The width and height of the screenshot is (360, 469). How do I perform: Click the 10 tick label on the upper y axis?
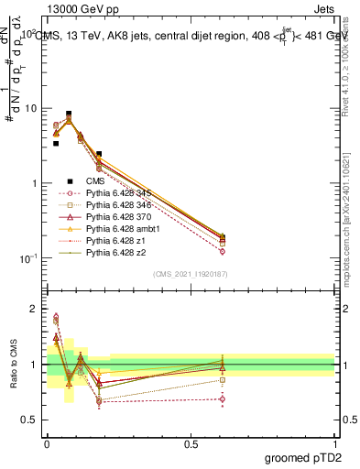(x=31, y=108)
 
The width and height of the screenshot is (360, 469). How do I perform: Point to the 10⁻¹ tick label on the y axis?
(x=27, y=258)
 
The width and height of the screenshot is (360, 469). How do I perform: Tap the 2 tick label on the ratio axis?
(x=35, y=309)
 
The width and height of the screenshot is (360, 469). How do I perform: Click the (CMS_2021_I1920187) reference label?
(x=191, y=274)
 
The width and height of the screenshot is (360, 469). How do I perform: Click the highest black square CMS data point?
(x=70, y=114)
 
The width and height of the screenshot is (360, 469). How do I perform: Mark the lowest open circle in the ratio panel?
(x=223, y=398)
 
